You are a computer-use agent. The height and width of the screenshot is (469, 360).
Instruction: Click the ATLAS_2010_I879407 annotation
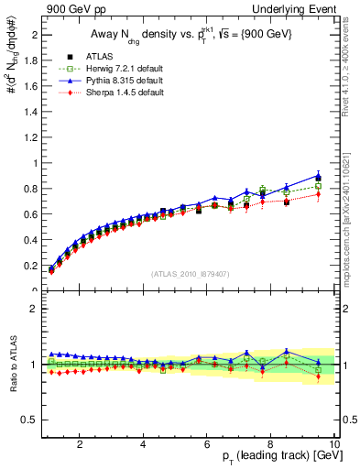point(190,274)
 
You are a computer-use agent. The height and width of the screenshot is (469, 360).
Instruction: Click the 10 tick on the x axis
point(334,444)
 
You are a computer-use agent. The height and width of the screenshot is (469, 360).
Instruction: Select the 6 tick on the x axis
point(207,444)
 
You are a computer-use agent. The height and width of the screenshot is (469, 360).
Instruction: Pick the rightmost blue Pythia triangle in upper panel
point(318,175)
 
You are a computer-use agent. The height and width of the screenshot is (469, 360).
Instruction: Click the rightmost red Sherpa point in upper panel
point(318,194)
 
